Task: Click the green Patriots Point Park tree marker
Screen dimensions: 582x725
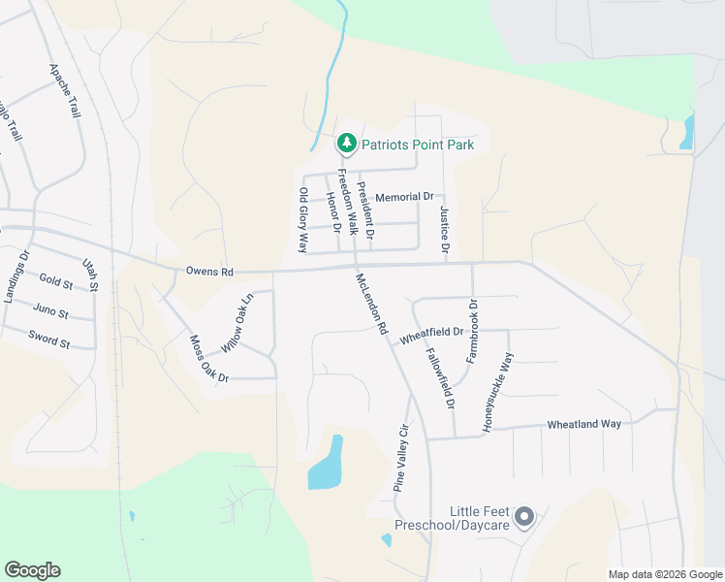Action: pyautogui.click(x=346, y=145)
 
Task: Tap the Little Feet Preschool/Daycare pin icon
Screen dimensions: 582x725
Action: pyautogui.click(x=524, y=517)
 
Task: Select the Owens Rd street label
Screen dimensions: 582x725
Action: pyautogui.click(x=209, y=273)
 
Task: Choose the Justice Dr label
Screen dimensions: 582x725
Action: pyautogui.click(x=445, y=230)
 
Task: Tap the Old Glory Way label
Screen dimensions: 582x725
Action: pyautogui.click(x=302, y=220)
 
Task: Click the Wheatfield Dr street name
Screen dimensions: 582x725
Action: pyautogui.click(x=430, y=338)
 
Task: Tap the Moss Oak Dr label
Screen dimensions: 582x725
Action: pyautogui.click(x=208, y=358)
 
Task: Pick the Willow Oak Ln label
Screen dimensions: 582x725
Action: pyautogui.click(x=236, y=323)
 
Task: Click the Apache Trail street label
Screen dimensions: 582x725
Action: pyautogui.click(x=66, y=91)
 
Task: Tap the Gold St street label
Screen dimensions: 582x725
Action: pyautogui.click(x=56, y=282)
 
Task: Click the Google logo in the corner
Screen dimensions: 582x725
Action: pyautogui.click(x=32, y=570)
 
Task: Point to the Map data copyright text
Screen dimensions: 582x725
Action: pyautogui.click(x=664, y=574)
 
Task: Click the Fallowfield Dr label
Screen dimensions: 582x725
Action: pyautogui.click(x=439, y=378)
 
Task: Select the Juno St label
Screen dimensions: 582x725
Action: pyautogui.click(x=50, y=312)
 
